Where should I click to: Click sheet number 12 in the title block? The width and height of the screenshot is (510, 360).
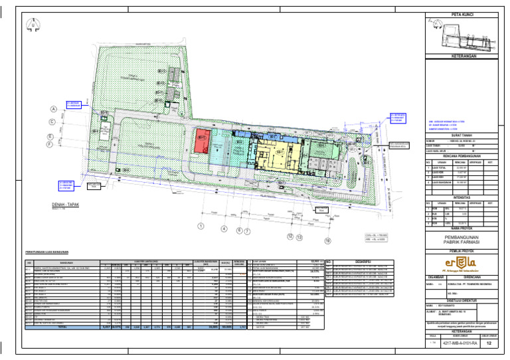coord(489,343)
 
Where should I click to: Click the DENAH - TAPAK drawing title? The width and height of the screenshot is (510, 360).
coord(65,205)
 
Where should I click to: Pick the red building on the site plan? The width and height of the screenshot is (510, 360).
coord(203,141)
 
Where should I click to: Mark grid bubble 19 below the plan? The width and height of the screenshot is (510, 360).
coord(327,240)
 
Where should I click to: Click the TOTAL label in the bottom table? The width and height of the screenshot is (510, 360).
coord(62,327)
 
